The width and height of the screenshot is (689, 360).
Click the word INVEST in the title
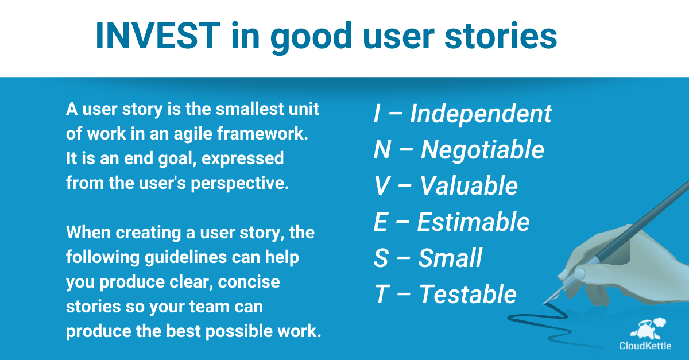[158, 36]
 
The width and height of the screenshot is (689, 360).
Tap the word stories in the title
[501, 36]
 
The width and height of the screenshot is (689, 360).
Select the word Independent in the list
[481, 114]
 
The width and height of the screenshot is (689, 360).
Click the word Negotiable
[482, 150]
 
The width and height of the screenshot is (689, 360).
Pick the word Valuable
[469, 185]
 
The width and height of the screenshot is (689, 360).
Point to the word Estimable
[473, 222]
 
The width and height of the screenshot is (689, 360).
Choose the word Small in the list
[450, 258]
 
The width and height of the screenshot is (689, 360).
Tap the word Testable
[468, 294]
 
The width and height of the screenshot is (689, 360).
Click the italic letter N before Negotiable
[382, 149]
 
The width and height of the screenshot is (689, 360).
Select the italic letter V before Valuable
[382, 185]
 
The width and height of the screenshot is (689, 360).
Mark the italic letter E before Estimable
[381, 222]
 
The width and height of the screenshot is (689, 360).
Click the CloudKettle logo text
[645, 346]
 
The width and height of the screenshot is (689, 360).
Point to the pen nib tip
[544, 304]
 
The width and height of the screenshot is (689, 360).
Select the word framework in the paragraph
[262, 134]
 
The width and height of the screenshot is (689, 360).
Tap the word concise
[249, 282]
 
